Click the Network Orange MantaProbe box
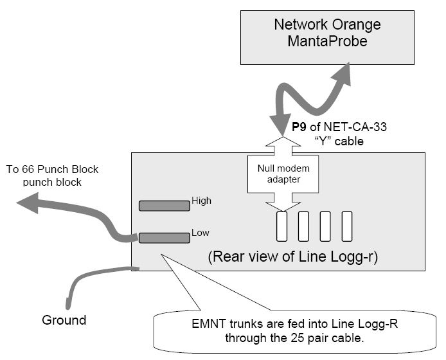[327, 34]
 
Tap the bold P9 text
[298, 127]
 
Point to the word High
[201, 201]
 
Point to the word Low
[200, 232]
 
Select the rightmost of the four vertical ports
[347, 227]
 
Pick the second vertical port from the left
[304, 227]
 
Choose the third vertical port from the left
[326, 227]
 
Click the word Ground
[64, 319]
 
